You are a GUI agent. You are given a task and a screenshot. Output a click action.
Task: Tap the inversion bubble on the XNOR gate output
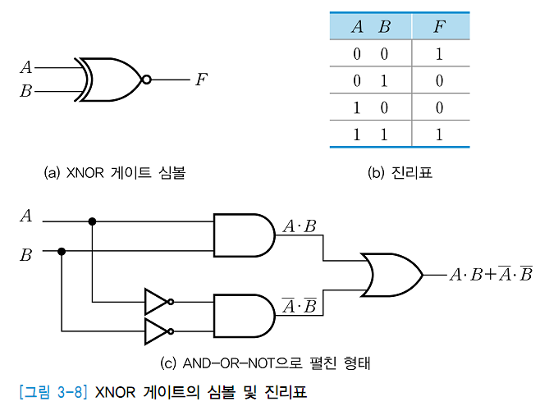(146, 80)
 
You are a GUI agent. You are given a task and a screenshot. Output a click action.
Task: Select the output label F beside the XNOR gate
(200, 80)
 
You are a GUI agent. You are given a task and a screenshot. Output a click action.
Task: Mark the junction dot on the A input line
(92, 221)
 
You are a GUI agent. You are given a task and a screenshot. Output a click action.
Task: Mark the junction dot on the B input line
(62, 251)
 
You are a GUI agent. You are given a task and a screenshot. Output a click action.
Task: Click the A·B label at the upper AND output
(299, 226)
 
